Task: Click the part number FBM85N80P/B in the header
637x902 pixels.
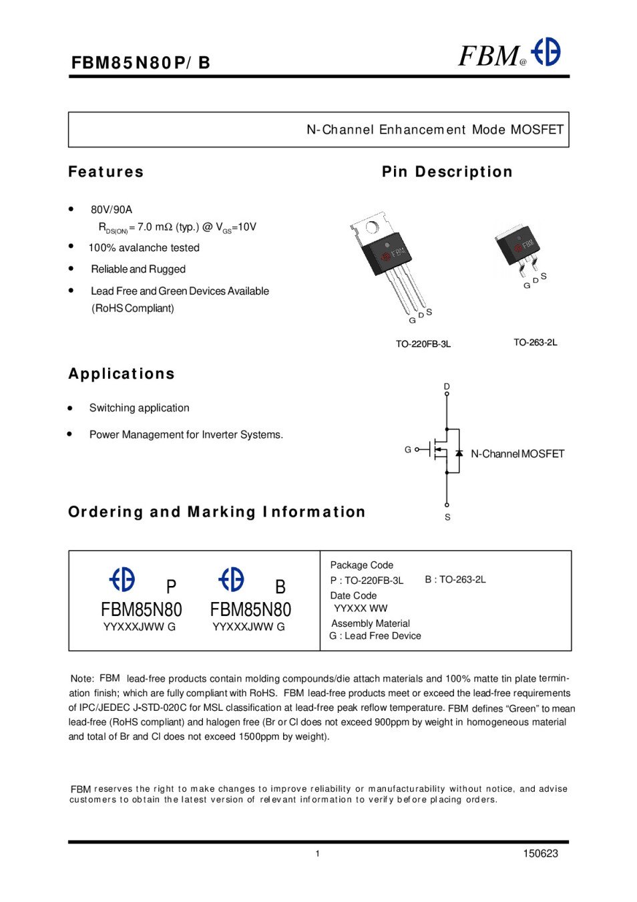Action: (x=140, y=63)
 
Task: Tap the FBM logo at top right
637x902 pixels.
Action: (x=509, y=54)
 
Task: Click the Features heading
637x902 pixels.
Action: (x=105, y=172)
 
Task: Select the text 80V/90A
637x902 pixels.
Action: (x=112, y=209)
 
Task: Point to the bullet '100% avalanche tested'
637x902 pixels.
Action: (x=144, y=248)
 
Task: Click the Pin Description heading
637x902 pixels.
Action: (x=447, y=172)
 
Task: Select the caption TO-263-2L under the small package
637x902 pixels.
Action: (x=535, y=342)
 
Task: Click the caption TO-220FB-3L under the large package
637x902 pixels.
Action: (x=423, y=344)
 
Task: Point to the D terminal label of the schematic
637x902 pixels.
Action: (x=447, y=386)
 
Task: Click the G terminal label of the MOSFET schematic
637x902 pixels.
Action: (x=407, y=450)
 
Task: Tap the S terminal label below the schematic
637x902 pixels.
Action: (x=447, y=517)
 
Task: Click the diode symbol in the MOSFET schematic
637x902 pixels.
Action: (x=459, y=453)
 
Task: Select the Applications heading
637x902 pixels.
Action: (x=121, y=373)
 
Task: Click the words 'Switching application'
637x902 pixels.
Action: (x=139, y=408)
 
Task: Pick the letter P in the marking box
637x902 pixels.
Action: (x=171, y=587)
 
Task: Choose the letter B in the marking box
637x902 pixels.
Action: (x=280, y=587)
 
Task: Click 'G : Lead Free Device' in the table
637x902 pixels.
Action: (x=375, y=636)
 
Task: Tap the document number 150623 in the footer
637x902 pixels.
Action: (x=540, y=853)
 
